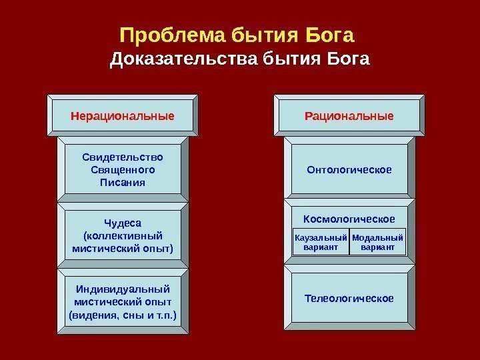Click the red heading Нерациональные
click(122, 116)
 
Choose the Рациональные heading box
click(349, 116)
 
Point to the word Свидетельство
click(122, 157)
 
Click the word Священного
click(122, 169)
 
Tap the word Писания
click(122, 181)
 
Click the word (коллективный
click(122, 235)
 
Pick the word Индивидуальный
click(123, 289)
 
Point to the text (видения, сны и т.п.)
click(123, 314)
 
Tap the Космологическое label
click(349, 219)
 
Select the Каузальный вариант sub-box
click(321, 243)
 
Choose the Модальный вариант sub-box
click(377, 243)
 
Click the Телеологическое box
click(349, 298)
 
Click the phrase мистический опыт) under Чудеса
click(122, 248)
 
